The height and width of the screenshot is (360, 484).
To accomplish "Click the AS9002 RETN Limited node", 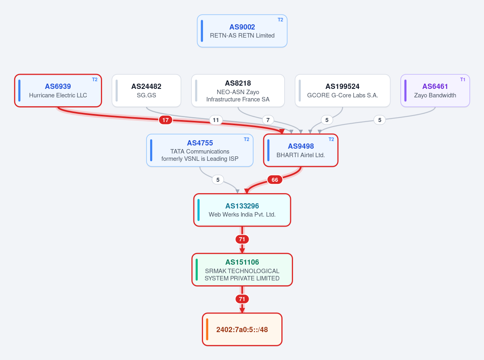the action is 242,31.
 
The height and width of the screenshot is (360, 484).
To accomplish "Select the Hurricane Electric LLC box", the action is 58,91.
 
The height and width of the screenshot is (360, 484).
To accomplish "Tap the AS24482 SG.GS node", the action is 146,91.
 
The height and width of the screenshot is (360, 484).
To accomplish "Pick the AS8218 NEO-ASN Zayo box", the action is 238,91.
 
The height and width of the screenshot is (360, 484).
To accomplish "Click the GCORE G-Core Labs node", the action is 343,91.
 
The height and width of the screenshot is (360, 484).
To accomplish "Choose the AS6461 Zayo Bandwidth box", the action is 435,91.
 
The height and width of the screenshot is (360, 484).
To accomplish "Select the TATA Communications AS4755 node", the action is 200,150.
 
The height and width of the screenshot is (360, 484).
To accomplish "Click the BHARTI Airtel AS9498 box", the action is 301,150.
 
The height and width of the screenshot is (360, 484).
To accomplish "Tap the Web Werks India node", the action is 242,210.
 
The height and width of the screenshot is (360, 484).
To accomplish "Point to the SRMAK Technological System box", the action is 242,270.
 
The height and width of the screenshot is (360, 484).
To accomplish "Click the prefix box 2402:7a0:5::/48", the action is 242,329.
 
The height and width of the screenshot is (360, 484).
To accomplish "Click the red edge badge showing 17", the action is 166,120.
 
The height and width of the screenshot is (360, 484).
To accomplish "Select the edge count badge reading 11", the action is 216,120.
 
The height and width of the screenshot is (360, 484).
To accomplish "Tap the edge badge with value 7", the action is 268,120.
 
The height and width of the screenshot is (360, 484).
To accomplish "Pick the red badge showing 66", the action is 275,179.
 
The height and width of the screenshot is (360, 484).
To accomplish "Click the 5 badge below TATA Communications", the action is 218,179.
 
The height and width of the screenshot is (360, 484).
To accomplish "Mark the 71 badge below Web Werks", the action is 242,239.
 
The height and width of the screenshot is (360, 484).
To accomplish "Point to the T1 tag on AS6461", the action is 463,80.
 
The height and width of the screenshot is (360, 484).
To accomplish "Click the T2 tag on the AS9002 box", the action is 280,20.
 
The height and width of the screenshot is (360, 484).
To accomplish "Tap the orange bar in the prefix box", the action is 207,329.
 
